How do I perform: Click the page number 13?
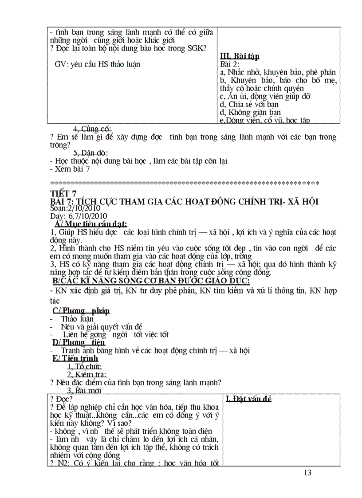pyautogui.click(x=308, y=473)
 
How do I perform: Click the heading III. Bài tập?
pyautogui.click(x=240, y=56)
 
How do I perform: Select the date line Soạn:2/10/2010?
pyautogui.click(x=76, y=208)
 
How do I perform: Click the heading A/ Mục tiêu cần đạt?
pyautogui.click(x=91, y=224)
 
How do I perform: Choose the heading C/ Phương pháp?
pyautogui.click(x=81, y=311)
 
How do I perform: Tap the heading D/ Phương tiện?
pyautogui.click(x=79, y=342)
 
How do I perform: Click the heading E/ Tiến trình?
pyautogui.click(x=75, y=358)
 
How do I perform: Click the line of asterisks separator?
pyautogui.click(x=185, y=183)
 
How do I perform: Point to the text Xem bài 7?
pyautogui.click(x=70, y=169)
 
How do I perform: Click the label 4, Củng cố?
pyautogui.click(x=92, y=129)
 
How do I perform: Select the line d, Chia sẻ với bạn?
pyautogui.click(x=249, y=104)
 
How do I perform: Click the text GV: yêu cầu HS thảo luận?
pyautogui.click(x=97, y=64)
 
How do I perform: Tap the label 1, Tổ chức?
pyautogui.click(x=84, y=366)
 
